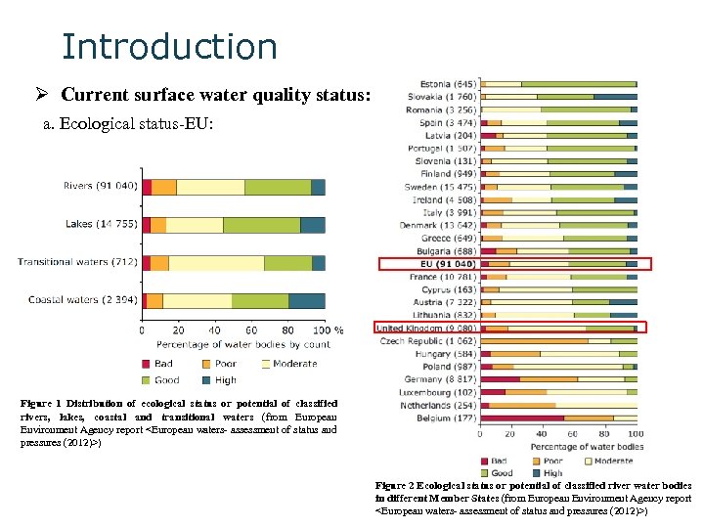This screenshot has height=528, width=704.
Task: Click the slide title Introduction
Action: (169, 46)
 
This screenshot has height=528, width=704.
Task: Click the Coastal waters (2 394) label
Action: (82, 299)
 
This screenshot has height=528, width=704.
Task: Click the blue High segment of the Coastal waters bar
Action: (306, 300)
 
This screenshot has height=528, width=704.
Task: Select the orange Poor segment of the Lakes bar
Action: (157, 225)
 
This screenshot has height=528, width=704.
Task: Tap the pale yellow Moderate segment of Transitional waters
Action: (216, 262)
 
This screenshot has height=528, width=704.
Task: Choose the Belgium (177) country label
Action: (448, 418)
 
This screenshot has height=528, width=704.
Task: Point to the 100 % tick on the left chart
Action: (329, 330)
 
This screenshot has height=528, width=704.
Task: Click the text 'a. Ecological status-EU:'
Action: (128, 126)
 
